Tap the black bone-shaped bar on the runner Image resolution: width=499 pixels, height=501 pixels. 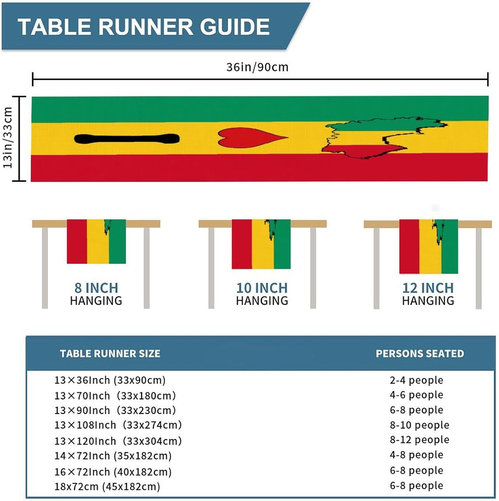click(127, 139)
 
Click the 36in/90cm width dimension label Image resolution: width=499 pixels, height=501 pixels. click(257, 67)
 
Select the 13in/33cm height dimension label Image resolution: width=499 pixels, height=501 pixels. click(8, 138)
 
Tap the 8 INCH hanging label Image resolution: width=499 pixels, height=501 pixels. click(96, 288)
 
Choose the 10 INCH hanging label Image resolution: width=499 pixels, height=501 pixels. click(262, 288)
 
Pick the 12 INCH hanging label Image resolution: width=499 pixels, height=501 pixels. click(428, 288)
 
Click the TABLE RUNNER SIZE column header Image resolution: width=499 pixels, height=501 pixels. click(110, 353)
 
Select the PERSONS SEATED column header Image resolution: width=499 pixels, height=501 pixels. click(420, 353)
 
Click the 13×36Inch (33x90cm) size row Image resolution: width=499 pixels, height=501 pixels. click(110, 380)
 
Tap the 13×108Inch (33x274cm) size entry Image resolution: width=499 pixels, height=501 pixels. click(118, 425)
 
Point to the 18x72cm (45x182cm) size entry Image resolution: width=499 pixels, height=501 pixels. click(107, 486)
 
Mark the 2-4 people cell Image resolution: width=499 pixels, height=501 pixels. click(416, 380)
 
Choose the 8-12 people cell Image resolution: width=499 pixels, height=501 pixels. click(419, 440)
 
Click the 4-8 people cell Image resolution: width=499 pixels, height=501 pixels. click(416, 455)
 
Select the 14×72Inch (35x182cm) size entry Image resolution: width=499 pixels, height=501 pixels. click(113, 456)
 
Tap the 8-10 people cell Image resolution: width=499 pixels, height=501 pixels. click(419, 425)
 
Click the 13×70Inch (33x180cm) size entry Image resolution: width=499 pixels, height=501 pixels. click(115, 395)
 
